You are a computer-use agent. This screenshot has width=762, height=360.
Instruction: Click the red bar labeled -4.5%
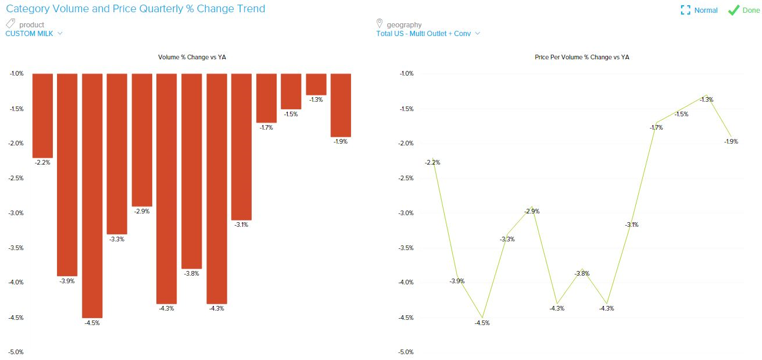(x=92, y=195)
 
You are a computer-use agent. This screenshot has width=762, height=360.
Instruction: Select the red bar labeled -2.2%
(x=42, y=116)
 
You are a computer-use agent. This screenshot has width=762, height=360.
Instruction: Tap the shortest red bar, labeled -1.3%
(x=316, y=84)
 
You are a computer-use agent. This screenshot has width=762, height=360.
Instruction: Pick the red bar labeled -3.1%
(x=241, y=147)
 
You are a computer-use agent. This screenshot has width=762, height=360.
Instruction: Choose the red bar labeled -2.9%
(x=142, y=140)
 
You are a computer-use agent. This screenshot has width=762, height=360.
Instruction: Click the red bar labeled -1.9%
(x=341, y=105)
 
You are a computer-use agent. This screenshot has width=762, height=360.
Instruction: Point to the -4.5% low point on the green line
(x=482, y=318)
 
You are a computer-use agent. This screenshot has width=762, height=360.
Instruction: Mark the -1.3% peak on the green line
(x=706, y=95)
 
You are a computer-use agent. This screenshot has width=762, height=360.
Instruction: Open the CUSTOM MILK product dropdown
(x=34, y=34)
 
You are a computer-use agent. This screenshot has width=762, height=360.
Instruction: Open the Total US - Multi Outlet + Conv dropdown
(x=428, y=34)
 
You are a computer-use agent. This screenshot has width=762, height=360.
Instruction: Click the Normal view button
(x=699, y=10)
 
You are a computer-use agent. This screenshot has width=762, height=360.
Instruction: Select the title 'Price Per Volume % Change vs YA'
(x=582, y=57)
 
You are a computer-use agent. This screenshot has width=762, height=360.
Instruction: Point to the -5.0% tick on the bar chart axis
(x=16, y=352)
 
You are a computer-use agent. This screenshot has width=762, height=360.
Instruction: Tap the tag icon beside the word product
(x=10, y=24)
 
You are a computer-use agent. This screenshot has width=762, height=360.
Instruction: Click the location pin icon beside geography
(x=380, y=24)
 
